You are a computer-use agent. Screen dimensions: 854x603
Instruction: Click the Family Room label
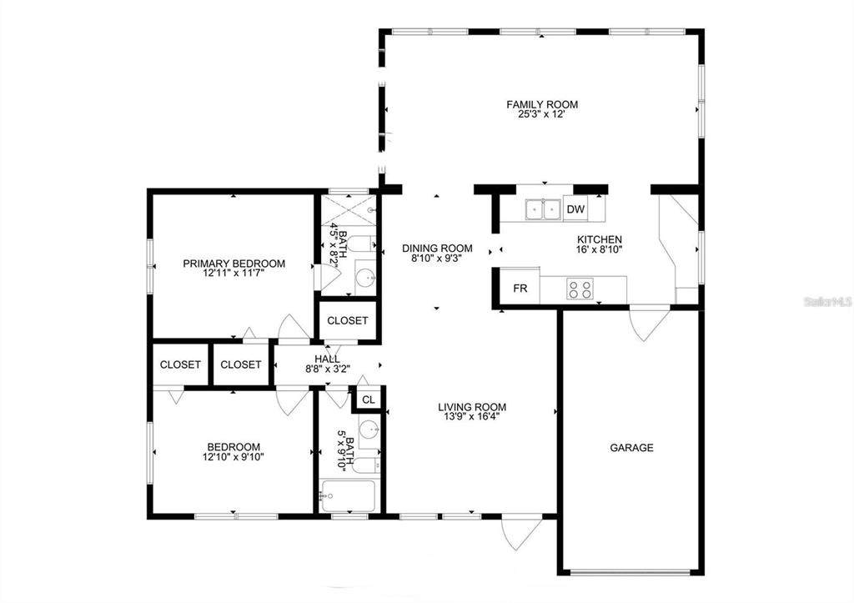coord(542,104)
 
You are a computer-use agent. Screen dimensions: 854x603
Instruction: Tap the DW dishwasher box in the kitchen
coord(575,209)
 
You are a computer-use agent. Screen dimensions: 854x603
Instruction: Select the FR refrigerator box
coord(520,288)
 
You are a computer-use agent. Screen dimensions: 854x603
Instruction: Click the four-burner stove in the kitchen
coord(580,288)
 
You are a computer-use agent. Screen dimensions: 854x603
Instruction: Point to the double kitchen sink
coord(544,209)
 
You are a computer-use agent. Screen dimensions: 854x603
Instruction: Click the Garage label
coord(631,448)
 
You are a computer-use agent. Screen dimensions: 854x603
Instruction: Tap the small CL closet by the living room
coord(369,399)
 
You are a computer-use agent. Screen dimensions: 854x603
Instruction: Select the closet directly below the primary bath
coord(348,321)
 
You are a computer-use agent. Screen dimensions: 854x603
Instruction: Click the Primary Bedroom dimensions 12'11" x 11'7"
coord(234,274)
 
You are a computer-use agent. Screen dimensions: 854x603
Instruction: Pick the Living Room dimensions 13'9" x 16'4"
coord(472,417)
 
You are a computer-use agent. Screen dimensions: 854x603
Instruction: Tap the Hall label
coord(327,359)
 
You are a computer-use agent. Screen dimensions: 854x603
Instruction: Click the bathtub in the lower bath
coord(348,496)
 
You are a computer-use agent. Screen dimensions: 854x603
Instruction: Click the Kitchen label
coord(599,239)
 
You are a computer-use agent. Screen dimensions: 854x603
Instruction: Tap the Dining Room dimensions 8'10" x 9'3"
coord(437,259)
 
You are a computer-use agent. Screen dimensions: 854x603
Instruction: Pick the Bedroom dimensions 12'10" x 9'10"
coord(234,457)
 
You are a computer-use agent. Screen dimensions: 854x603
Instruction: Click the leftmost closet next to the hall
coord(180,364)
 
